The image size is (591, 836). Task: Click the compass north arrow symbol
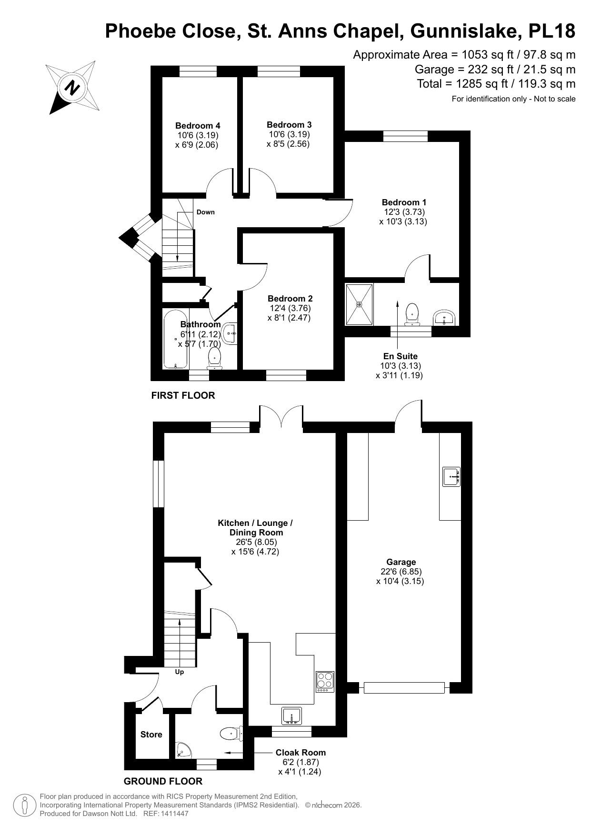(x=72, y=88)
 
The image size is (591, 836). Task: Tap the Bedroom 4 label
(x=198, y=126)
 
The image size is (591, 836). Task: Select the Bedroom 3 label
(x=289, y=125)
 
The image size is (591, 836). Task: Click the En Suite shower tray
(x=359, y=304)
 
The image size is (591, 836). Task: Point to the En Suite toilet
(x=412, y=315)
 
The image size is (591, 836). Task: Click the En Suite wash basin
(x=445, y=317)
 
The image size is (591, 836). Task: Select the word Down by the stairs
(x=205, y=212)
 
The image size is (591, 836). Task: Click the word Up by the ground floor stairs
(x=180, y=672)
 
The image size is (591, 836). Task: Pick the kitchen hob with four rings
(x=325, y=682)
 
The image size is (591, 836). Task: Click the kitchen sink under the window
(x=291, y=716)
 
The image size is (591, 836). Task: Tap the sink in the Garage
(x=451, y=476)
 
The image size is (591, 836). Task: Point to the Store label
(x=151, y=735)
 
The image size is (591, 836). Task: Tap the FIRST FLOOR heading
(x=183, y=395)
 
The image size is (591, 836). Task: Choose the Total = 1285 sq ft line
(x=496, y=84)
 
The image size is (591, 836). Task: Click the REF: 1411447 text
(x=166, y=814)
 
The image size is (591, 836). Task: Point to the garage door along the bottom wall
(x=404, y=687)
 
